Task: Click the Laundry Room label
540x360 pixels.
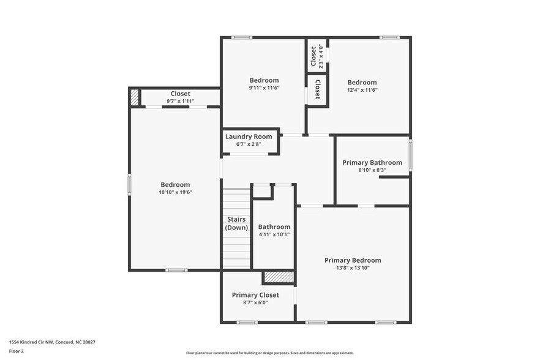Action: pyautogui.click(x=249, y=137)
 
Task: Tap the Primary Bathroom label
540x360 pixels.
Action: pyautogui.click(x=372, y=162)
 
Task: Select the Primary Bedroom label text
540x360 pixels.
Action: pyautogui.click(x=353, y=260)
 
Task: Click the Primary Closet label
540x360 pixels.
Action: pyautogui.click(x=255, y=295)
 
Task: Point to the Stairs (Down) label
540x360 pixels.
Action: pyautogui.click(x=236, y=223)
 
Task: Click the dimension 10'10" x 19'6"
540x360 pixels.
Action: pyautogui.click(x=175, y=192)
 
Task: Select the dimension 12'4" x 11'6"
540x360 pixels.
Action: pyautogui.click(x=362, y=90)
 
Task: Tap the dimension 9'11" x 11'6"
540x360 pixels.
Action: pyautogui.click(x=264, y=88)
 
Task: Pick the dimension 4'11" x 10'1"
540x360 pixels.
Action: pyautogui.click(x=274, y=234)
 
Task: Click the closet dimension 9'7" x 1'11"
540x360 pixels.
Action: pyautogui.click(x=180, y=101)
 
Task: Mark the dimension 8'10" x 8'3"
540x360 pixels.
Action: pyautogui.click(x=372, y=170)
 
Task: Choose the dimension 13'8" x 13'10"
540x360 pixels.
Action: pyautogui.click(x=353, y=268)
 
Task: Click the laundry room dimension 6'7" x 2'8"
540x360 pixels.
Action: pyautogui.click(x=249, y=144)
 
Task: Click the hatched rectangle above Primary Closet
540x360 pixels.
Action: pyautogui.click(x=279, y=277)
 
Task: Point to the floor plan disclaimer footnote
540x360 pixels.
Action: pyautogui.click(x=269, y=353)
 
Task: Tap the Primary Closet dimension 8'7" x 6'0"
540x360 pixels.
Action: pyautogui.click(x=255, y=302)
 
